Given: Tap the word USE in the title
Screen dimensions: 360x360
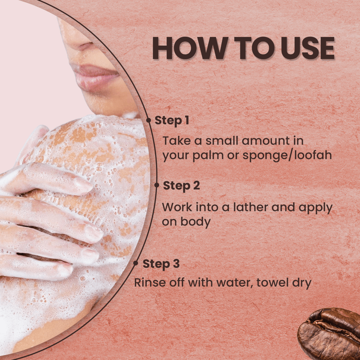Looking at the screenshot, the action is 308,48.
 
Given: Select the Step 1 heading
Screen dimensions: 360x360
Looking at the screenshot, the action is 172,121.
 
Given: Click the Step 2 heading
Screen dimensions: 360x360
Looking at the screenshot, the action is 181,186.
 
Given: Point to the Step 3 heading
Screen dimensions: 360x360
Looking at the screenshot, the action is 161,264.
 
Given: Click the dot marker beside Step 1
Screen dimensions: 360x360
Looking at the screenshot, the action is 148,120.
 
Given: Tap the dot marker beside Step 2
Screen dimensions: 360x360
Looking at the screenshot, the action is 157,185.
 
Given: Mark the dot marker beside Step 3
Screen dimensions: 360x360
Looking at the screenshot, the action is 135,263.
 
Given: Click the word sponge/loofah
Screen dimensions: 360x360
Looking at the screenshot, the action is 287,156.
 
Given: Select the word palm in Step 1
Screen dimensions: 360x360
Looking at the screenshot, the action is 208,156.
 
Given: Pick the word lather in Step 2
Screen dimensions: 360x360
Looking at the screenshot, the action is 251,207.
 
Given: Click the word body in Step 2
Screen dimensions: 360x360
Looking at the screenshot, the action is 195,222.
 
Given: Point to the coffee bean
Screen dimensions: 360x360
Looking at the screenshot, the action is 329,334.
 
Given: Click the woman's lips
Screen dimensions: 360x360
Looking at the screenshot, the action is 94,76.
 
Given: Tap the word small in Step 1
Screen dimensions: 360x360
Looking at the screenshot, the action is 222,140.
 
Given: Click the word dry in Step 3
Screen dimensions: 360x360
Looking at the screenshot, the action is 301,283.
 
